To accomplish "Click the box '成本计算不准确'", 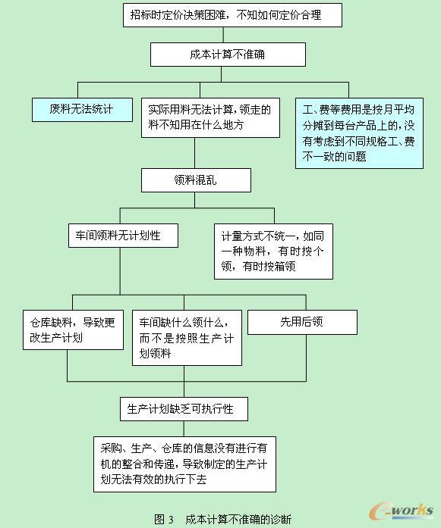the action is (228, 55).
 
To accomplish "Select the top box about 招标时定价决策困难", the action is (232, 15).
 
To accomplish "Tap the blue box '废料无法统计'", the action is (82, 109).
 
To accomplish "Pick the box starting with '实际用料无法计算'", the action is (210, 117).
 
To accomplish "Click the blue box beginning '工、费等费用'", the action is (359, 133).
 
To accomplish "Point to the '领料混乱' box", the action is (196, 180).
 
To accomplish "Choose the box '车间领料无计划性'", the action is (123, 236).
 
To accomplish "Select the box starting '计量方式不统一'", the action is (273, 252).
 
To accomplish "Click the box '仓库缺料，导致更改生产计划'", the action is (73, 330).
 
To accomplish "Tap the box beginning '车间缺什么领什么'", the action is (187, 338).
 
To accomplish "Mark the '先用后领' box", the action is (302, 322).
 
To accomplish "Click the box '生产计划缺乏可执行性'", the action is (184, 409).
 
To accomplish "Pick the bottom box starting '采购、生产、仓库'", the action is (184, 464).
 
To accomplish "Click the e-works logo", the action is (402, 511).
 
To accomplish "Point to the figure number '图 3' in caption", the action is (164, 519).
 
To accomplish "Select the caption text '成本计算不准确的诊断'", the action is (238, 519).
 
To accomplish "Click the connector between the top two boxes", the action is (223, 35).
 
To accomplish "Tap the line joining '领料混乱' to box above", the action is (194, 153).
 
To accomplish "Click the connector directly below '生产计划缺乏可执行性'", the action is (184, 429).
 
